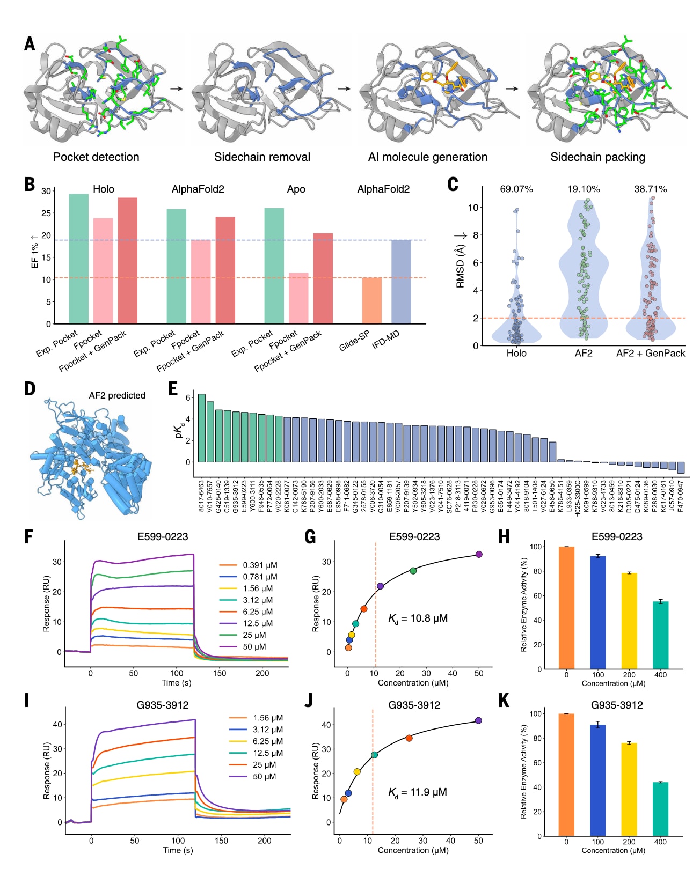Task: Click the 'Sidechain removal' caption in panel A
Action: point(262,157)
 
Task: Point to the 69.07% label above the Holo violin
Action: point(516,189)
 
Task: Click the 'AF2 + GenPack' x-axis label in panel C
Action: point(651,353)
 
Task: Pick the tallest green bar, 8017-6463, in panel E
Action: point(202,428)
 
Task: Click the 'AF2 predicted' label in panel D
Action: point(117,395)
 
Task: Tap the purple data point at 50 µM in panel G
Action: point(479,554)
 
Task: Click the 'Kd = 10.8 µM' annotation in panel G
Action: point(418,618)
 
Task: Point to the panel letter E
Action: point(173,389)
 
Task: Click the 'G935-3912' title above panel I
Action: point(163,705)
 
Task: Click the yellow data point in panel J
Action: point(357,772)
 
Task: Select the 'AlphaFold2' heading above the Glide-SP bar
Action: point(383,189)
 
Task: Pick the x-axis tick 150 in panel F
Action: point(220,673)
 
